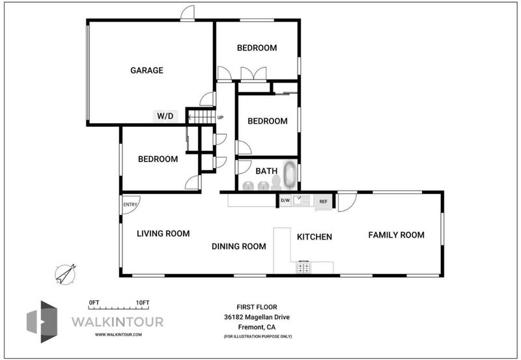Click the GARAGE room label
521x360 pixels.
[147, 70]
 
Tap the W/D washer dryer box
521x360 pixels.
[165, 117]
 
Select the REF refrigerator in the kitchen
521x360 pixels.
[323, 202]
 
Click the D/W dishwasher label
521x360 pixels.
[285, 201]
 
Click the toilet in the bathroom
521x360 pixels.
[275, 182]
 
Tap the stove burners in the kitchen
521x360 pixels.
[303, 268]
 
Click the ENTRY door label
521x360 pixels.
[130, 204]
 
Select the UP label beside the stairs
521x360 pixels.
[220, 118]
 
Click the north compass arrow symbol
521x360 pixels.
[66, 274]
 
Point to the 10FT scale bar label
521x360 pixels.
[143, 303]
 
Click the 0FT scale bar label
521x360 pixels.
[94, 303]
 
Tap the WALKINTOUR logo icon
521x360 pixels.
[42, 322]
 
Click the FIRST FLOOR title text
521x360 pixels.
[257, 307]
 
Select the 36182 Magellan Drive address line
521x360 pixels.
[257, 317]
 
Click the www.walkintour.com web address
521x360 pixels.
[119, 335]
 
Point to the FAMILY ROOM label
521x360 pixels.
[396, 235]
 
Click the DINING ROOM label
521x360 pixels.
[239, 247]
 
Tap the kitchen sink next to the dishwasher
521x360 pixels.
[302, 201]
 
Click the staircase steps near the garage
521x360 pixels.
[202, 117]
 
